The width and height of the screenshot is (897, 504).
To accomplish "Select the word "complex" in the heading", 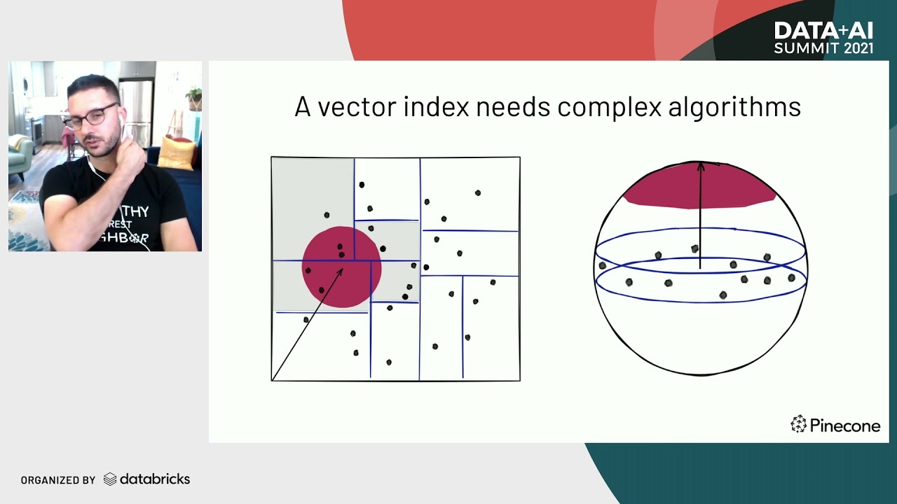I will point(609,107).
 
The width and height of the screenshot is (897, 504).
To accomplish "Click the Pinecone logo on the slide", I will point(835,424).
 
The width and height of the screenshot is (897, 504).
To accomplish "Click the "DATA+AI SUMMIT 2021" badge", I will point(823,38).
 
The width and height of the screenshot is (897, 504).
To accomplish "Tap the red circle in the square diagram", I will point(341,267).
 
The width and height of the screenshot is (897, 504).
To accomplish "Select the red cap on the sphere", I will point(699,186).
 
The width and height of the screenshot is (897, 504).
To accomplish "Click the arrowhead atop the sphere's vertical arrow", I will point(700,166).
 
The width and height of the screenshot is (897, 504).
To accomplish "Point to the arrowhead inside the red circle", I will point(341,270).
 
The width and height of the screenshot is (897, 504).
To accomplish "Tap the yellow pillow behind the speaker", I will point(176,152).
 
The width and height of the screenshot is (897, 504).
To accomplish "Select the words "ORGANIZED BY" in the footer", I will point(58,480).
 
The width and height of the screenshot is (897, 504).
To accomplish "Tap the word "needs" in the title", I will point(511,107).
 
